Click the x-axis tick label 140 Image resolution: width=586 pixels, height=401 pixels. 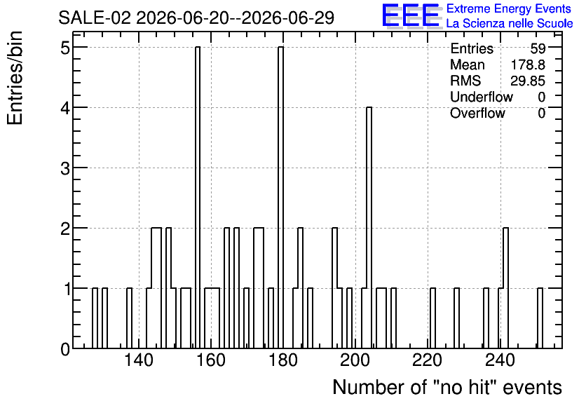pos(139,361)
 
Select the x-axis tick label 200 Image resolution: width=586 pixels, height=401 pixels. pos(355,361)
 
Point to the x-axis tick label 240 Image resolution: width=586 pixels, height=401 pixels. pos(499,361)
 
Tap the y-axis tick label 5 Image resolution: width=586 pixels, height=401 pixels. pos(65,48)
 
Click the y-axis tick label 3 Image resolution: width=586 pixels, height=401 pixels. pos(65,168)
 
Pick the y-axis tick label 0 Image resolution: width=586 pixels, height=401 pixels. pos(65,349)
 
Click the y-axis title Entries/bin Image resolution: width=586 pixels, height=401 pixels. pos(15,78)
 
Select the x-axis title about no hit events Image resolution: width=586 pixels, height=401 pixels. pos(447,387)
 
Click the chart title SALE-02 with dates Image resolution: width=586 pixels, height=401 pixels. pos(196,18)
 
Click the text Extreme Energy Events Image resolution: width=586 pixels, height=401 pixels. pos(509,8)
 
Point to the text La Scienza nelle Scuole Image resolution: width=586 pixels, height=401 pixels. pos(510,23)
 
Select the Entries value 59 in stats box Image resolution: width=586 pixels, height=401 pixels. pos(538,48)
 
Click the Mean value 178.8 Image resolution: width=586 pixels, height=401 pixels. pos(528,64)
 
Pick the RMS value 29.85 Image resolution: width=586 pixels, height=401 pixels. pos(528,81)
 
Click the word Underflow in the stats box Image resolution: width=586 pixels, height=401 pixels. pos(482,97)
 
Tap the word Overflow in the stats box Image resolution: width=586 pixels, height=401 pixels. pos(477,113)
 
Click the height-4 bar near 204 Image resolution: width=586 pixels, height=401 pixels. pos(369,228)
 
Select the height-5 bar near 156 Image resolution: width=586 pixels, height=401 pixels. pos(198,198)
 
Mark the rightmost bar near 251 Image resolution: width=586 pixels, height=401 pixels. pos(540,318)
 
